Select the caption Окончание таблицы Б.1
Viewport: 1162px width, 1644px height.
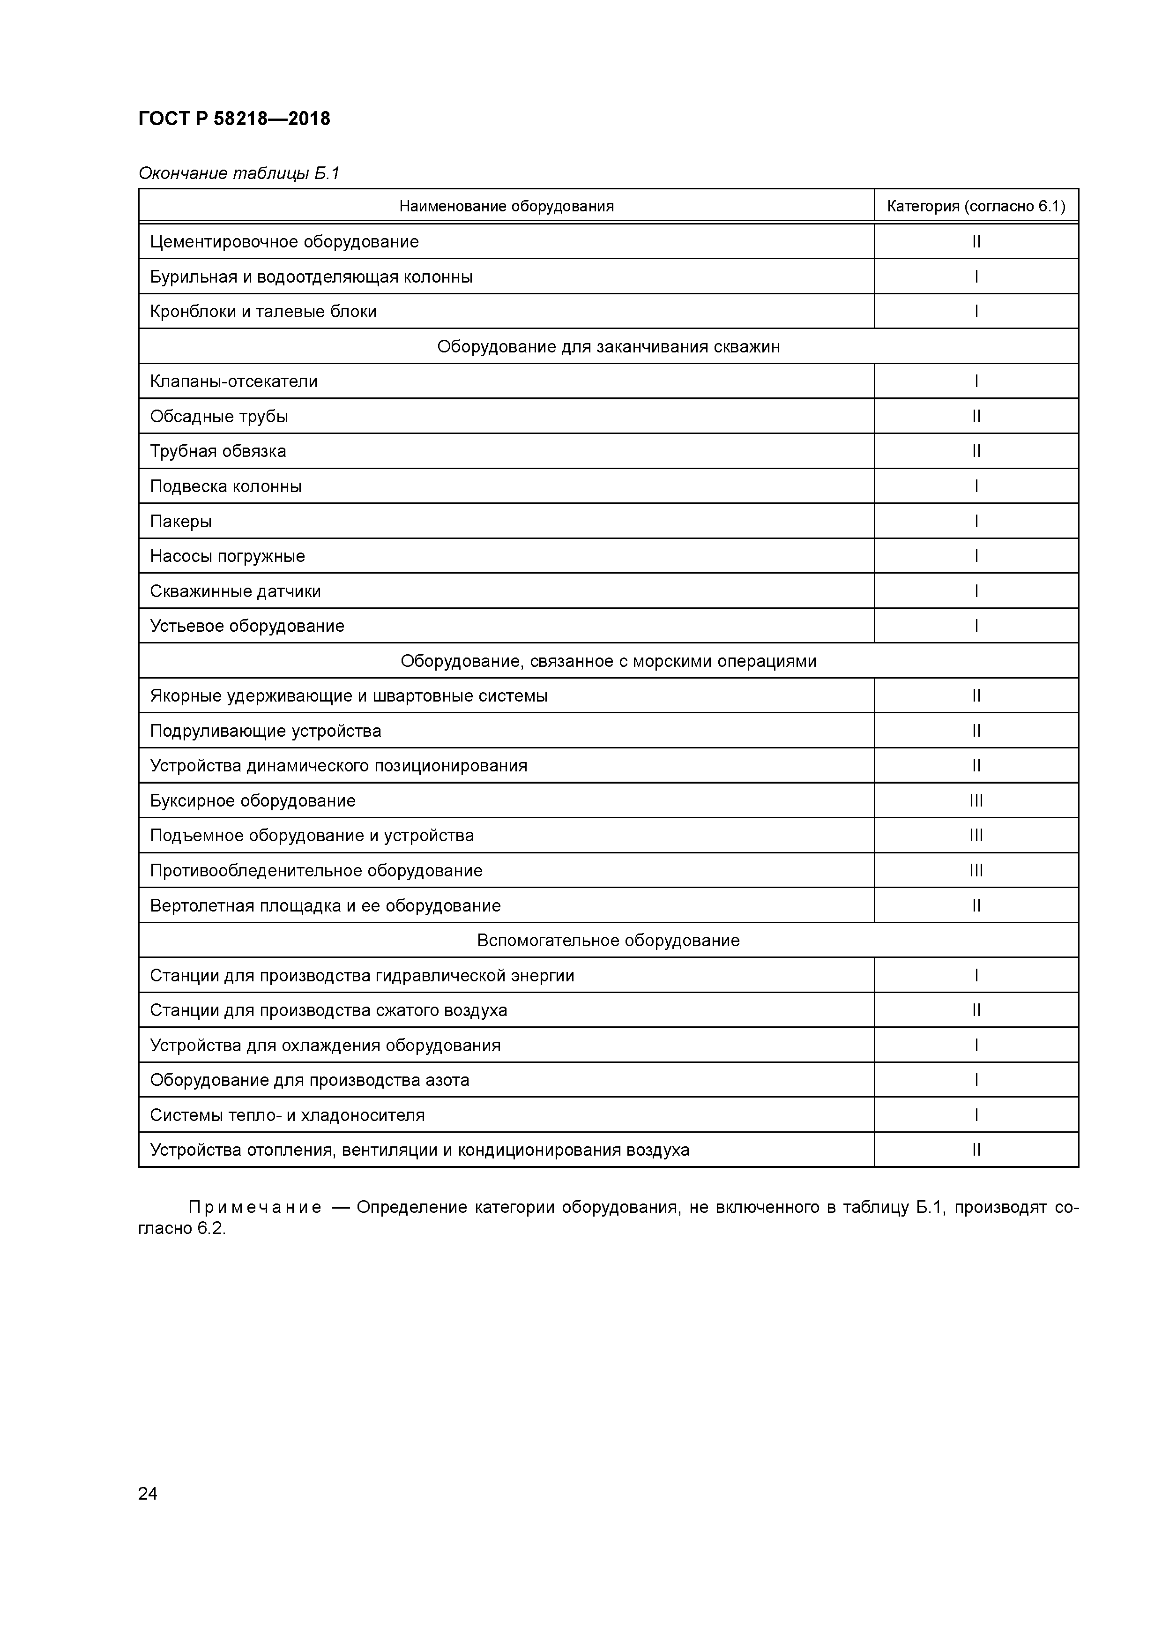[x=238, y=173]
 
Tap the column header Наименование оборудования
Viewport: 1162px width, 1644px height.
[x=506, y=206]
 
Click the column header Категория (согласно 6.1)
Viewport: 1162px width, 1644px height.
[x=976, y=206]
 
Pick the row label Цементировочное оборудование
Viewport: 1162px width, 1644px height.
[x=284, y=242]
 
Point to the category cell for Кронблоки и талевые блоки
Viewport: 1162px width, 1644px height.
[x=976, y=312]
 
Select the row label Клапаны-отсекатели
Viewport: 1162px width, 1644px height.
[x=233, y=381]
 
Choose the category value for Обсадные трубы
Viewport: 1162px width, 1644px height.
[x=976, y=417]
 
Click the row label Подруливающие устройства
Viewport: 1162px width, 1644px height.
[x=266, y=731]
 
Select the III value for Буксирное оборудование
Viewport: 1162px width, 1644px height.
[x=976, y=800]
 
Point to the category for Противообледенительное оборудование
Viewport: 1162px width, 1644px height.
[x=976, y=871]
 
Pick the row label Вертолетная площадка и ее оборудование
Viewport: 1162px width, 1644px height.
[x=325, y=906]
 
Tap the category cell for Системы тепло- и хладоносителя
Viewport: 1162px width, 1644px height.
[x=976, y=1115]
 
